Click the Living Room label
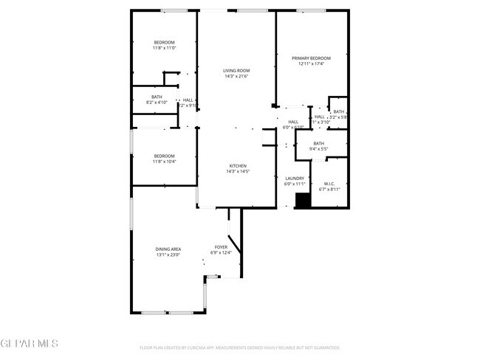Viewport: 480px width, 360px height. [x=236, y=71]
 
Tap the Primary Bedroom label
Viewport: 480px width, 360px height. [x=311, y=58]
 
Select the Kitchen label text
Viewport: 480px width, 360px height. [x=236, y=166]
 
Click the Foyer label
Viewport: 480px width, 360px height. [x=221, y=247]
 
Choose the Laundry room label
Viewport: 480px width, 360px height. [x=295, y=179]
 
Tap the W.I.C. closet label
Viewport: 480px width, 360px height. [x=329, y=184]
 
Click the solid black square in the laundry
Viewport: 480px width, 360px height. [x=301, y=201]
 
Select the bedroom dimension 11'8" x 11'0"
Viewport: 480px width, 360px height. [x=165, y=48]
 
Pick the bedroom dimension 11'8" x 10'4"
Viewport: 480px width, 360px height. [x=165, y=161]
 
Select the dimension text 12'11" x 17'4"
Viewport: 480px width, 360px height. [x=311, y=64]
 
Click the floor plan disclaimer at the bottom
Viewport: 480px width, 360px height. [x=239, y=347]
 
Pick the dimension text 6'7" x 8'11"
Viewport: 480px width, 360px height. [x=329, y=190]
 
